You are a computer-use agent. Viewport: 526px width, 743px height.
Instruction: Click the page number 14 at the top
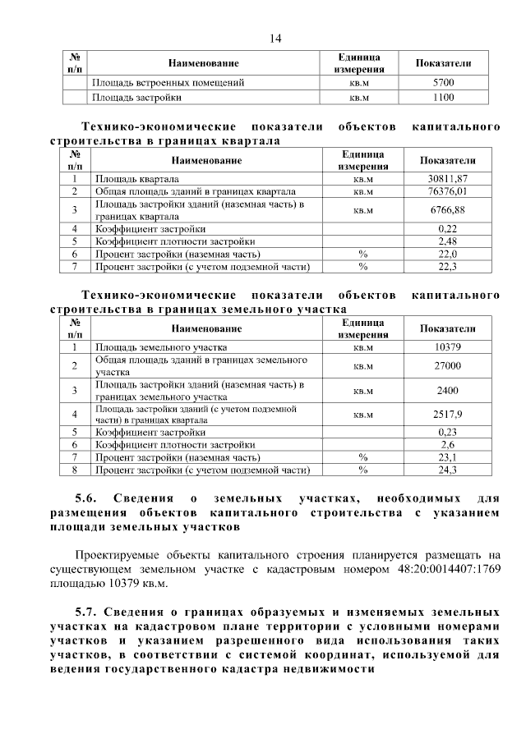tap(275, 39)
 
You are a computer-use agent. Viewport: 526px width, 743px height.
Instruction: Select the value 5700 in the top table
tap(444, 83)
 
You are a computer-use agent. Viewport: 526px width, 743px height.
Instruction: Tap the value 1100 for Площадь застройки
tap(444, 97)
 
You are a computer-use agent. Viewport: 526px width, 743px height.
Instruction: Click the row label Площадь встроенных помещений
tap(168, 83)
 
